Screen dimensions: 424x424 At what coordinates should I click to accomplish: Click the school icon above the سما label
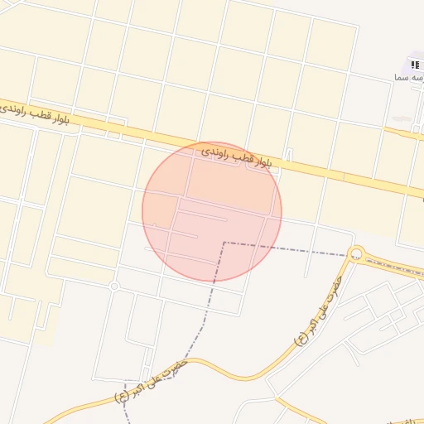415,65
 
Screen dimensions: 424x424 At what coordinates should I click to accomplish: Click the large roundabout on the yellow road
357,253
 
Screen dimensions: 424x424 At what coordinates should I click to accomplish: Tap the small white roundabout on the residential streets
114,287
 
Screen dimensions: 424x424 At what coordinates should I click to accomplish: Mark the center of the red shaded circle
212,211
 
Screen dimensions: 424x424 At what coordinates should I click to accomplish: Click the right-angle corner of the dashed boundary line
224,243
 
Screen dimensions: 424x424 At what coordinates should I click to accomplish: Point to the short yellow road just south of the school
406,132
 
